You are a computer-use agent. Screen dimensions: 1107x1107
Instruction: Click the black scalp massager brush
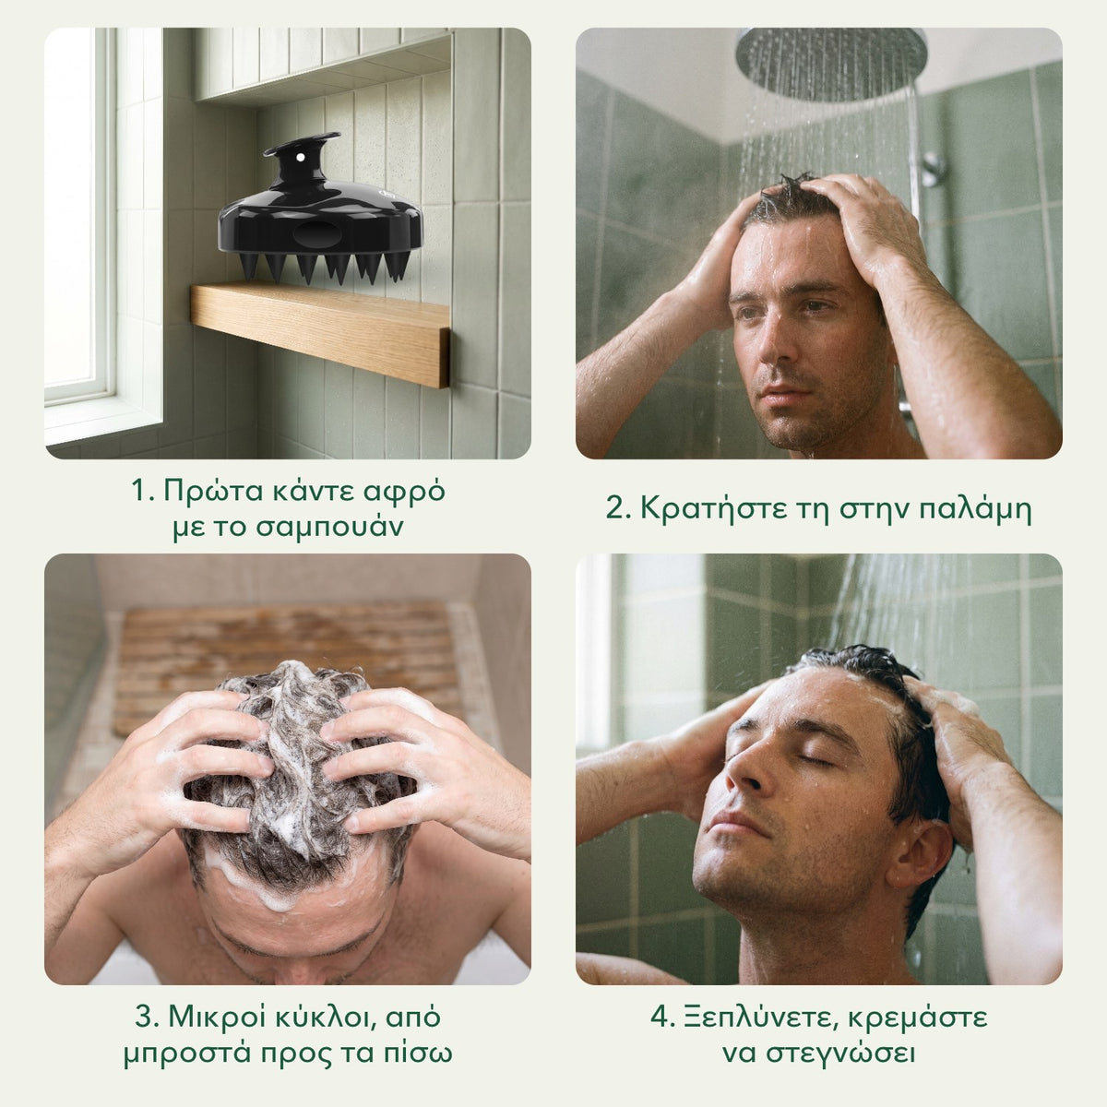pyautogui.click(x=320, y=208)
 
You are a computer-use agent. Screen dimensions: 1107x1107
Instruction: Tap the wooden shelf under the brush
pyautogui.click(x=320, y=334)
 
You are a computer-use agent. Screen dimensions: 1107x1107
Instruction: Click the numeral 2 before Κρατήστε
pyautogui.click(x=616, y=509)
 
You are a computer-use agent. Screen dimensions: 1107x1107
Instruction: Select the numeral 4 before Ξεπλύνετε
pyautogui.click(x=661, y=1018)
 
